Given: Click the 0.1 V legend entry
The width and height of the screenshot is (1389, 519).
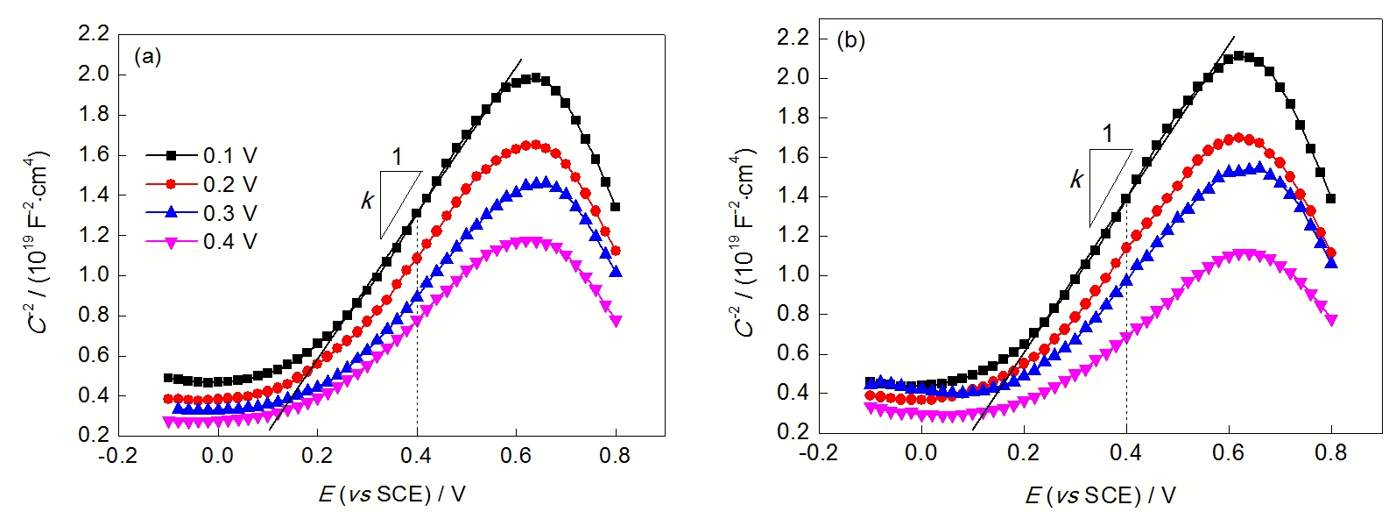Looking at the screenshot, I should [x=202, y=156].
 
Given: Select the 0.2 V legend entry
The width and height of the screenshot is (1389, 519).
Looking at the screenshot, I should [x=202, y=185].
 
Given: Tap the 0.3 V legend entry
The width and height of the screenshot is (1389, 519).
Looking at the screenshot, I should [x=202, y=214].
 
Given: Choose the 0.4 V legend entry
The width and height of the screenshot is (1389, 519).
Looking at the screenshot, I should [x=202, y=242].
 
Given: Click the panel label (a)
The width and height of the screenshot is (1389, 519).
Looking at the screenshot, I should [x=147, y=57].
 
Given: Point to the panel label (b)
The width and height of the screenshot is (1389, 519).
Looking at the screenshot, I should [x=850, y=40].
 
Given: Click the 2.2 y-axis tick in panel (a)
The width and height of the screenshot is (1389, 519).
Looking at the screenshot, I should [x=94, y=34].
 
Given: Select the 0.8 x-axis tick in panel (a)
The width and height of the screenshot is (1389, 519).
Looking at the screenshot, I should [x=615, y=456].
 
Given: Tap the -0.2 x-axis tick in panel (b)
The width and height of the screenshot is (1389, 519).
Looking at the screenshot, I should [x=818, y=452].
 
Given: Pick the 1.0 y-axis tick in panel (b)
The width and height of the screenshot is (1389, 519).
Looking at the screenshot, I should [x=794, y=275].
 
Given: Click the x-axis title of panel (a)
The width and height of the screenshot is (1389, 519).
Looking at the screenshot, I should [x=391, y=494].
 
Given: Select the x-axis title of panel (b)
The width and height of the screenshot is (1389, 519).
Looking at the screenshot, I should [x=1100, y=496].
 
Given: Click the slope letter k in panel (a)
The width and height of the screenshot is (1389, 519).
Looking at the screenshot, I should [x=367, y=202].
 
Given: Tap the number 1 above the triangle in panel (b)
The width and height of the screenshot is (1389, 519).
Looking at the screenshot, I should [x=1108, y=133].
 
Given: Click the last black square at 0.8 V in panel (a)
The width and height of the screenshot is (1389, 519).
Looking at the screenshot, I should [x=616, y=208].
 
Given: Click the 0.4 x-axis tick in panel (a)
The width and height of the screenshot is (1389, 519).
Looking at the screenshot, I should [x=416, y=456].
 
